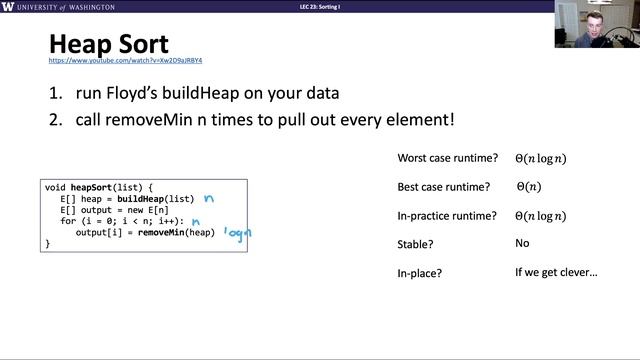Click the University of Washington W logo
click(9, 7)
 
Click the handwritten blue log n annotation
click(236, 232)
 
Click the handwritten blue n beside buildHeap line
click(210, 199)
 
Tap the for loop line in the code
click(121, 221)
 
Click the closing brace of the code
click(47, 243)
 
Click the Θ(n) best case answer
click(529, 186)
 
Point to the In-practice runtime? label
click(448, 215)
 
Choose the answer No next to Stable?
click(522, 243)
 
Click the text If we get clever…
click(556, 271)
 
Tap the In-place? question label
click(424, 271)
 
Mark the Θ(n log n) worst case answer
click(541, 158)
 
